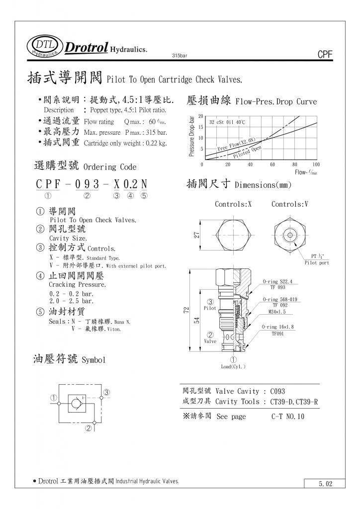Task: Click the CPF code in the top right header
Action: (324, 55)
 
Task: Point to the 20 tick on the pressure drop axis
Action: (200, 116)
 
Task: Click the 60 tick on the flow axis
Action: (272, 165)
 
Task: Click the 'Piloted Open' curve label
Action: (247, 151)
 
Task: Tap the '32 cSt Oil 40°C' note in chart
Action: (227, 122)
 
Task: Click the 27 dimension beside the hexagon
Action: (196, 235)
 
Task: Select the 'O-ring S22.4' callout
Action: (277, 282)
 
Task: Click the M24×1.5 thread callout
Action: (277, 312)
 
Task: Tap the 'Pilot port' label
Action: (317, 262)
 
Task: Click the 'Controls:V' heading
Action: (290, 204)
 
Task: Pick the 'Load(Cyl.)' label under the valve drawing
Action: (233, 367)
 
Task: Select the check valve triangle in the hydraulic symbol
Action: (76, 404)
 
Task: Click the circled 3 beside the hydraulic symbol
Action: (106, 392)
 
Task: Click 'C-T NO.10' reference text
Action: (288, 417)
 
